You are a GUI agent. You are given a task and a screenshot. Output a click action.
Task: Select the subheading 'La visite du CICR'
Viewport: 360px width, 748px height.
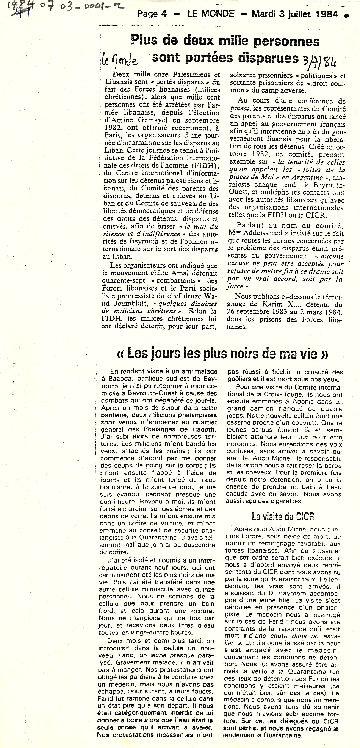tap(283, 517)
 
